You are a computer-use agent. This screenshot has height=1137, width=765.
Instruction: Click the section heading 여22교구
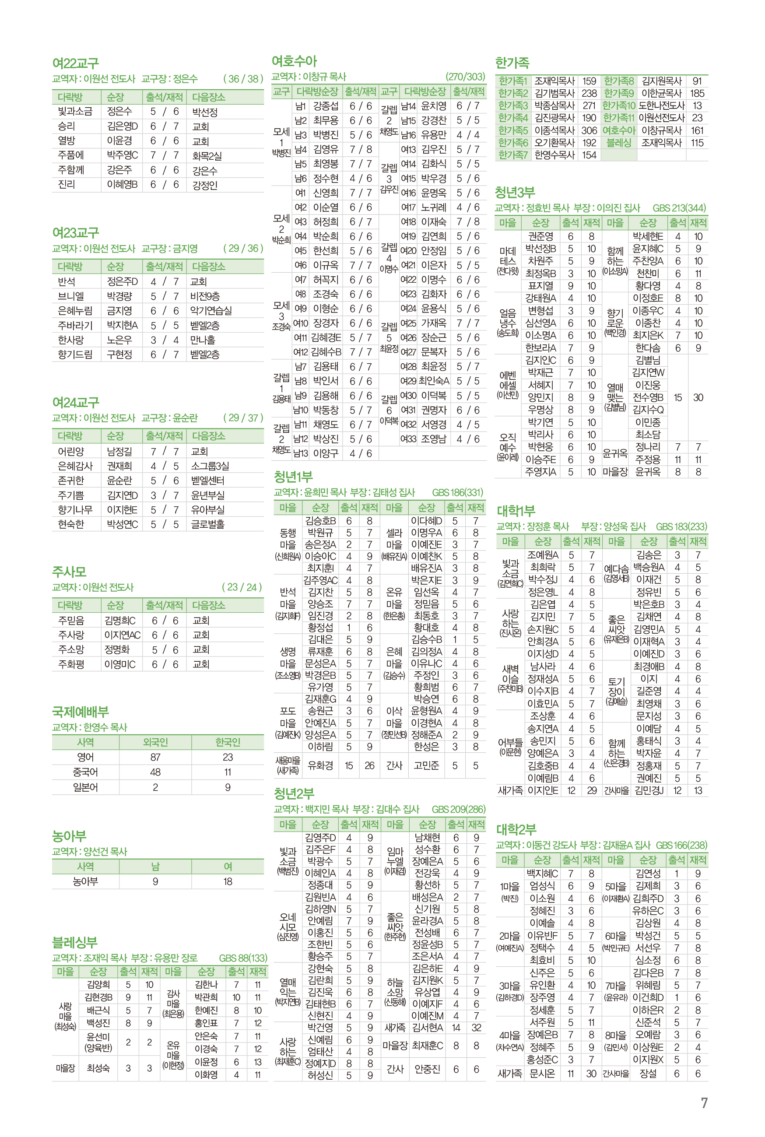tap(76, 63)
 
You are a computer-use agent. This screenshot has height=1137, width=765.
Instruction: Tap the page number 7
tap(704, 1103)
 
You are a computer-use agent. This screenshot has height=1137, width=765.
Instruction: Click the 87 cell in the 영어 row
tap(155, 757)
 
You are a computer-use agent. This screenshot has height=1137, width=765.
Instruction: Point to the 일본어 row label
tap(85, 787)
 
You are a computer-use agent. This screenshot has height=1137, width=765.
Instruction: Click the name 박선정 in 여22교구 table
tap(205, 112)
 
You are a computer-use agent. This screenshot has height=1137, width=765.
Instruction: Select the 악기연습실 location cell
tap(211, 311)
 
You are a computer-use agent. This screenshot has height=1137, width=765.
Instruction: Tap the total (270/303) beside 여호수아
tap(465, 77)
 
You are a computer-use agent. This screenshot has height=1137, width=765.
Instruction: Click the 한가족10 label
tap(619, 105)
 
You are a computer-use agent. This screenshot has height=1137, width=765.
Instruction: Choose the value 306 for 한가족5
tap(589, 130)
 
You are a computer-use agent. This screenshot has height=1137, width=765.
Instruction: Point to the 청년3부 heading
tap(515, 192)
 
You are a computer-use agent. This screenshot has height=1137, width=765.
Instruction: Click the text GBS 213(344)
tap(679, 208)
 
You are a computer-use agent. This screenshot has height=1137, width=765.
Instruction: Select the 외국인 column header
tap(155, 742)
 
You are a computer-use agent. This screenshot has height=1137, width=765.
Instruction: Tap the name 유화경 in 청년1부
tap(320, 765)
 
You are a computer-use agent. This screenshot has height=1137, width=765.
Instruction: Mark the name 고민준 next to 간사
tap(426, 765)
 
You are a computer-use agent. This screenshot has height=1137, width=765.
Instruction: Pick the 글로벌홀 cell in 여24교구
tap(208, 524)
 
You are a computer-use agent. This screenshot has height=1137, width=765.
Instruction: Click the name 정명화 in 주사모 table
tap(117, 650)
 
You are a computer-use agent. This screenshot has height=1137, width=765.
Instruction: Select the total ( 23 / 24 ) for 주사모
tap(242, 587)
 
